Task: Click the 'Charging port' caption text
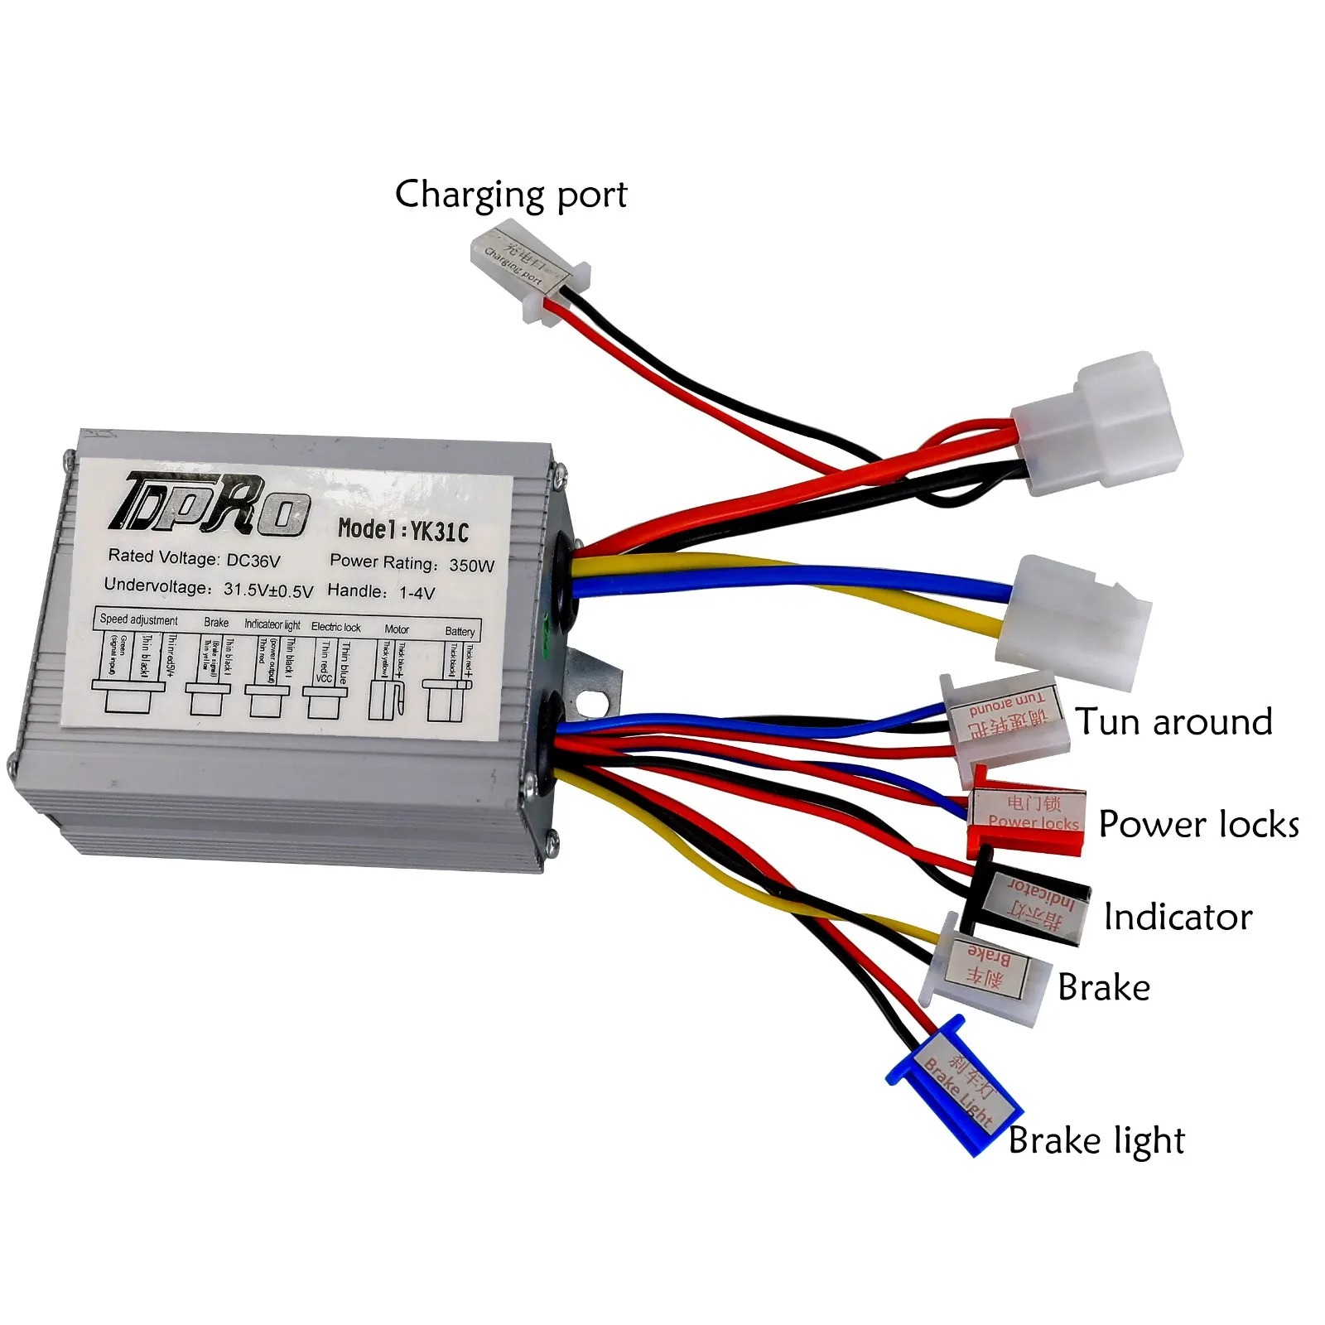pos(511,195)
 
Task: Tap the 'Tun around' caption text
pos(1173,722)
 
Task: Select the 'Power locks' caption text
pos(1198,825)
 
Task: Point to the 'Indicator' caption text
pos(1178,918)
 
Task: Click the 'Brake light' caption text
pos(1096,1141)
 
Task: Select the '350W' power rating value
pos(471,566)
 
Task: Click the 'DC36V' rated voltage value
pos(253,561)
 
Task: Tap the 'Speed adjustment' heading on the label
pos(138,619)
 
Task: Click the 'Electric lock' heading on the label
pos(335,627)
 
